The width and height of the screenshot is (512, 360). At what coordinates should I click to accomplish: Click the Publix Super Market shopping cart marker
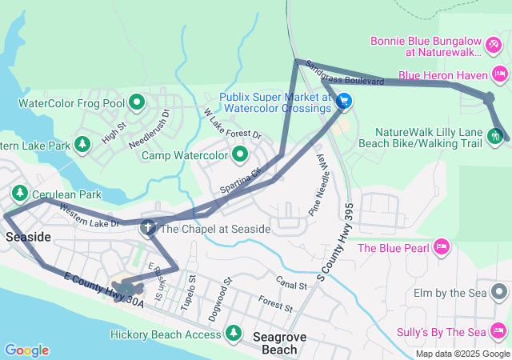coord(343,102)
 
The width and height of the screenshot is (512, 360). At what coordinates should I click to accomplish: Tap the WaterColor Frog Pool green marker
coord(136,102)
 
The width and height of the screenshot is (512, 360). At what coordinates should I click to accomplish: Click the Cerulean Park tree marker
coord(18,194)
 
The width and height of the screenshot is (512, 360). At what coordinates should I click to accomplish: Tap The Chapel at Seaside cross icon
coord(148,229)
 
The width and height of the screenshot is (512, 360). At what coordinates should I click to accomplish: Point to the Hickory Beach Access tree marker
coord(234,332)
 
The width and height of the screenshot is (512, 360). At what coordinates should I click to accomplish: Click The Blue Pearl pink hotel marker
coord(439,247)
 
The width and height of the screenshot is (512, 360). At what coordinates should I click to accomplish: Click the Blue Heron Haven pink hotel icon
coord(500,75)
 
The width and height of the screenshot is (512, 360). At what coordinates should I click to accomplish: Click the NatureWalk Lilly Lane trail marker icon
coord(496,135)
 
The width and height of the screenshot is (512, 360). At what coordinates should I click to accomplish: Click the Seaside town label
coord(28,238)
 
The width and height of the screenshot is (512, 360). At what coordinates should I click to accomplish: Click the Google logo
coord(26,350)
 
